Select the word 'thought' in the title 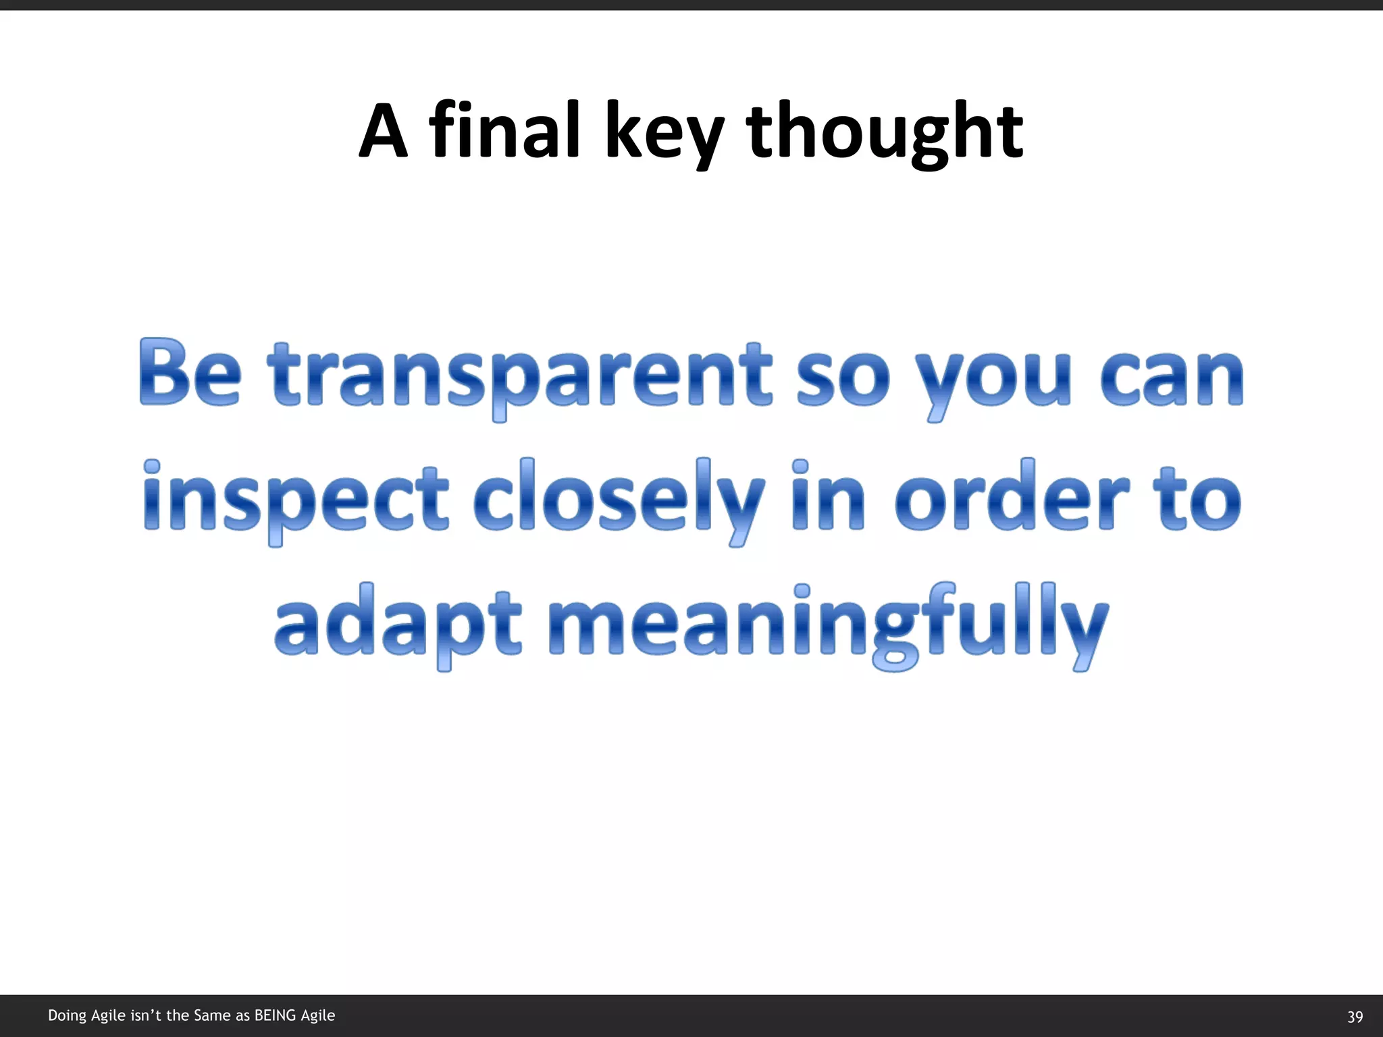[885, 132]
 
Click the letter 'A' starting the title [383, 131]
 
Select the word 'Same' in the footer [212, 1015]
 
